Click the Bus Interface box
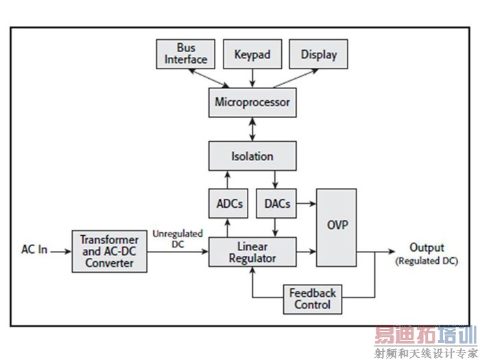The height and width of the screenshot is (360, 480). click(x=186, y=54)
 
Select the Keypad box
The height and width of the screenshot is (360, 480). click(x=252, y=54)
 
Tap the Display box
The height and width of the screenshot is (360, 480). click(x=319, y=54)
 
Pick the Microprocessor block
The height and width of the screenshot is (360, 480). click(x=252, y=103)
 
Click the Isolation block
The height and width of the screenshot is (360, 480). click(x=252, y=156)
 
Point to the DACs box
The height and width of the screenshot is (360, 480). click(x=276, y=204)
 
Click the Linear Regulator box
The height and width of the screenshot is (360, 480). click(x=252, y=252)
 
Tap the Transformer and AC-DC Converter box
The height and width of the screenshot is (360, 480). click(x=109, y=252)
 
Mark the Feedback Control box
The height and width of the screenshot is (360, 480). click(x=312, y=298)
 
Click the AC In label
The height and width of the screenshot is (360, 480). click(x=34, y=250)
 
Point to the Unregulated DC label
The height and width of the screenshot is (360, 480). click(x=178, y=238)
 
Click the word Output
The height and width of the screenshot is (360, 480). click(x=427, y=248)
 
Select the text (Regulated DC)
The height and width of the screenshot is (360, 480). click(x=427, y=261)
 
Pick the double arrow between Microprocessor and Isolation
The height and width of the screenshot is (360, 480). click(x=252, y=130)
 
